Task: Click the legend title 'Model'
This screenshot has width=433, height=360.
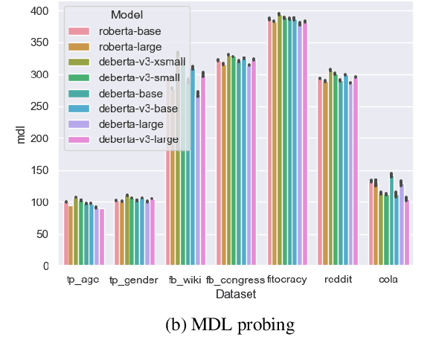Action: [x=126, y=16]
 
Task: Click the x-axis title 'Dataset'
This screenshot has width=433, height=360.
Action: [x=236, y=295]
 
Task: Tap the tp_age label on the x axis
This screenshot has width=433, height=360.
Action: [x=83, y=280]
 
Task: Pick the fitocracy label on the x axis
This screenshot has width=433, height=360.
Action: [x=287, y=280]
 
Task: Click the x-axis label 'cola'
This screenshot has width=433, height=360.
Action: [x=388, y=280]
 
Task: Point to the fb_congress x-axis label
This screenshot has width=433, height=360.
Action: [x=236, y=280]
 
